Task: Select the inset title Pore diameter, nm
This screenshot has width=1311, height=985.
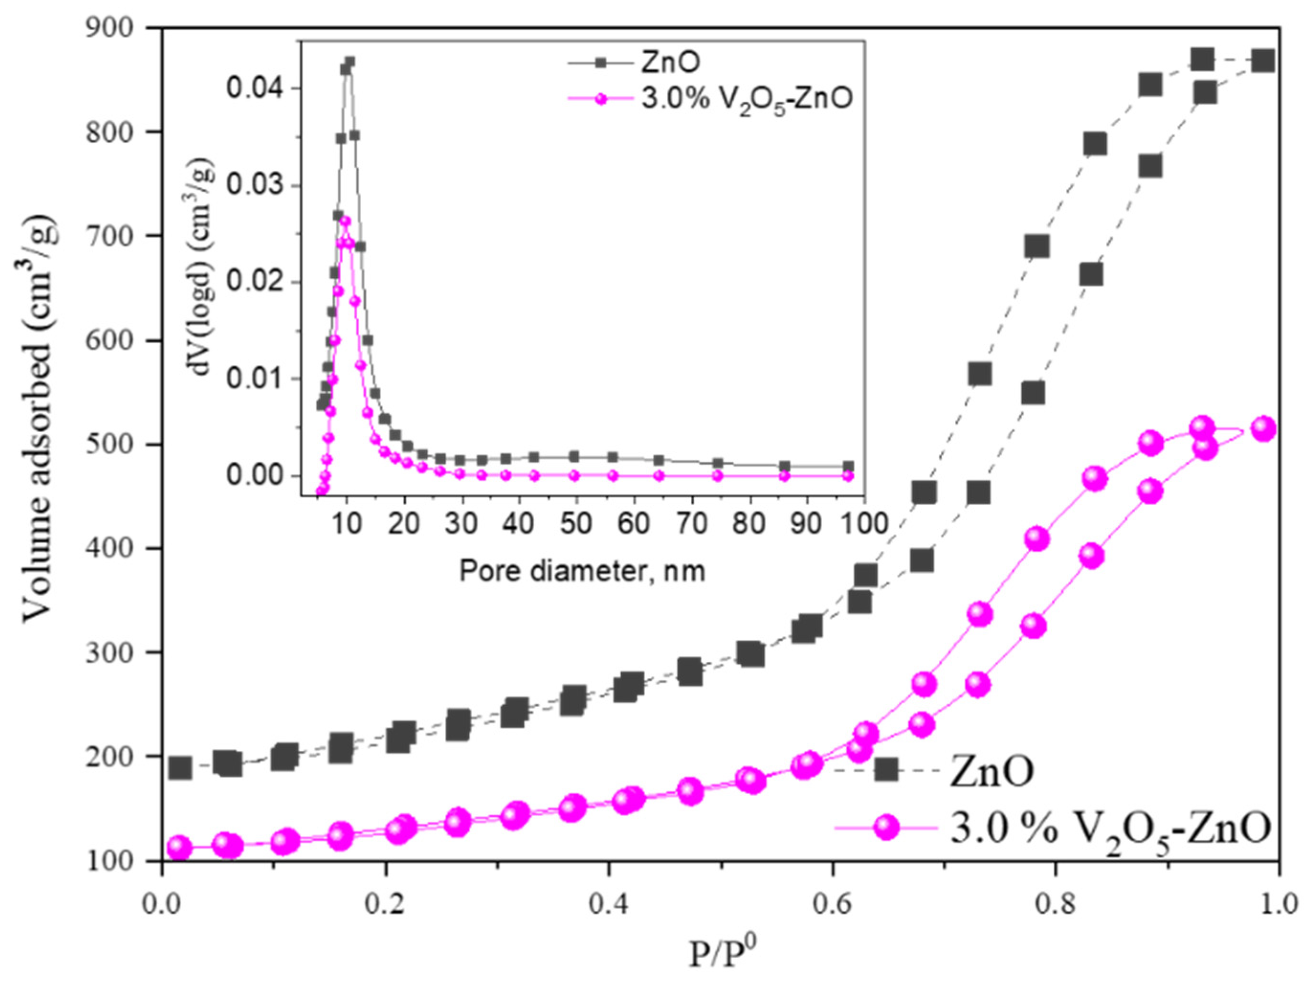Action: coord(582,571)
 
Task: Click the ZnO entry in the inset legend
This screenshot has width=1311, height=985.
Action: coord(669,63)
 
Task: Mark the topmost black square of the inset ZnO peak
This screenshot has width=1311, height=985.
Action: coord(350,62)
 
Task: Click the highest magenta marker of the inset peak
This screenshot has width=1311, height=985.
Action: coord(345,221)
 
